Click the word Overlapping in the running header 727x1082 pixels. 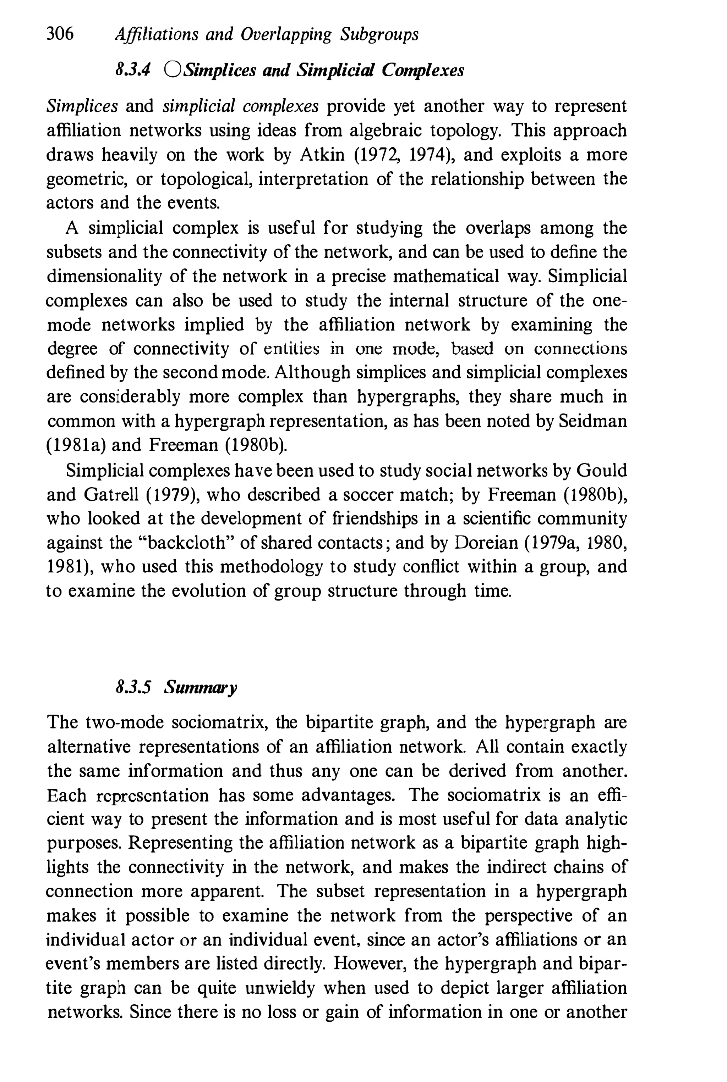[286, 35]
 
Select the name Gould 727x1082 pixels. [601, 471]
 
